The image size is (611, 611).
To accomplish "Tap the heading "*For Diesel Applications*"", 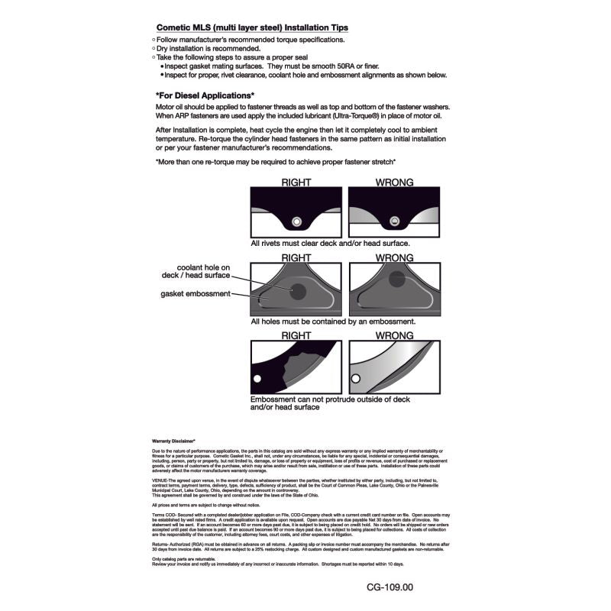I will pyautogui.click(x=205, y=95).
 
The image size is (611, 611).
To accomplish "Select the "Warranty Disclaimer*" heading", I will pyautogui.click(x=174, y=441).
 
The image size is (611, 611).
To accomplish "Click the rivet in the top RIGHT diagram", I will pyautogui.click(x=297, y=222).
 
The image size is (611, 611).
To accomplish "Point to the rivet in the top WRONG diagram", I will pyautogui.click(x=395, y=222).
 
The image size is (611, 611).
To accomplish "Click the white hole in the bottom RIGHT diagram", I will pyautogui.click(x=258, y=379).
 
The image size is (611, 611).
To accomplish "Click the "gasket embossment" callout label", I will pyautogui.click(x=195, y=293).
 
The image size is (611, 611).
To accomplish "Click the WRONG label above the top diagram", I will pyautogui.click(x=395, y=183).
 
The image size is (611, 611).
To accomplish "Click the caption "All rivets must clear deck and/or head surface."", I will pyautogui.click(x=330, y=244).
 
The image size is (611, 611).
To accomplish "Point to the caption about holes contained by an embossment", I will pyautogui.click(x=333, y=322).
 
